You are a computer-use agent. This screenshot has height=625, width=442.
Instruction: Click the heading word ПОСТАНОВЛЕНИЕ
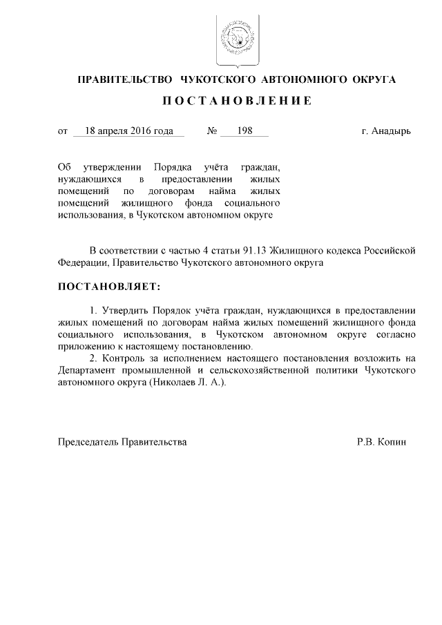click(x=237, y=102)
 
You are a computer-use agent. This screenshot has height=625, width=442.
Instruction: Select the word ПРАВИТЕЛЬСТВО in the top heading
click(x=122, y=79)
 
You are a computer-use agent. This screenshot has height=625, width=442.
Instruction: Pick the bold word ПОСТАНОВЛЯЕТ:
click(x=108, y=285)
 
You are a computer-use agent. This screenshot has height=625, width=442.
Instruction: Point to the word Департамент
click(x=88, y=372)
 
